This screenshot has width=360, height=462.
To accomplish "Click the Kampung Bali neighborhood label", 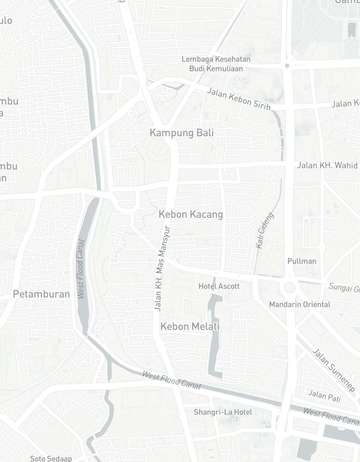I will click(182, 133).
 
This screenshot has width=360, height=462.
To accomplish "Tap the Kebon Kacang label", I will click(191, 214).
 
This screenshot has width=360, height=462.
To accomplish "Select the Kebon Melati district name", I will click(190, 326).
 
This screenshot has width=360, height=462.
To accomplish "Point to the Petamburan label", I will click(41, 294).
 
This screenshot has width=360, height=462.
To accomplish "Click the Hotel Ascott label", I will click(219, 286).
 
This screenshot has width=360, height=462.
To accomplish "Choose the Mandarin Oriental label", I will click(299, 304).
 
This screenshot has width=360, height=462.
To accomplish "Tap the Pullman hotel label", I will click(302, 261).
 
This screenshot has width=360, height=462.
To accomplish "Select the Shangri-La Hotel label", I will click(223, 412).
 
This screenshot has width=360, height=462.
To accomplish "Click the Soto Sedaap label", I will click(51, 458).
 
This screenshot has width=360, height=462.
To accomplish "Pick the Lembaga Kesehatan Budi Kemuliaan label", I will click(216, 64).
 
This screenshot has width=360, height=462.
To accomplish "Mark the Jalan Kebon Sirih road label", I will click(238, 99).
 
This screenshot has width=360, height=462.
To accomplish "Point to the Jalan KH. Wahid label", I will click(327, 165).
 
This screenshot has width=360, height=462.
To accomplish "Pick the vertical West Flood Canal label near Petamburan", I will click(80, 269).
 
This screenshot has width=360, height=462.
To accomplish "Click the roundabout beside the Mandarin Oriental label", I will click(290, 287).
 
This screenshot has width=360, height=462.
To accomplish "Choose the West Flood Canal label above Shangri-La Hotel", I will click(171, 380).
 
